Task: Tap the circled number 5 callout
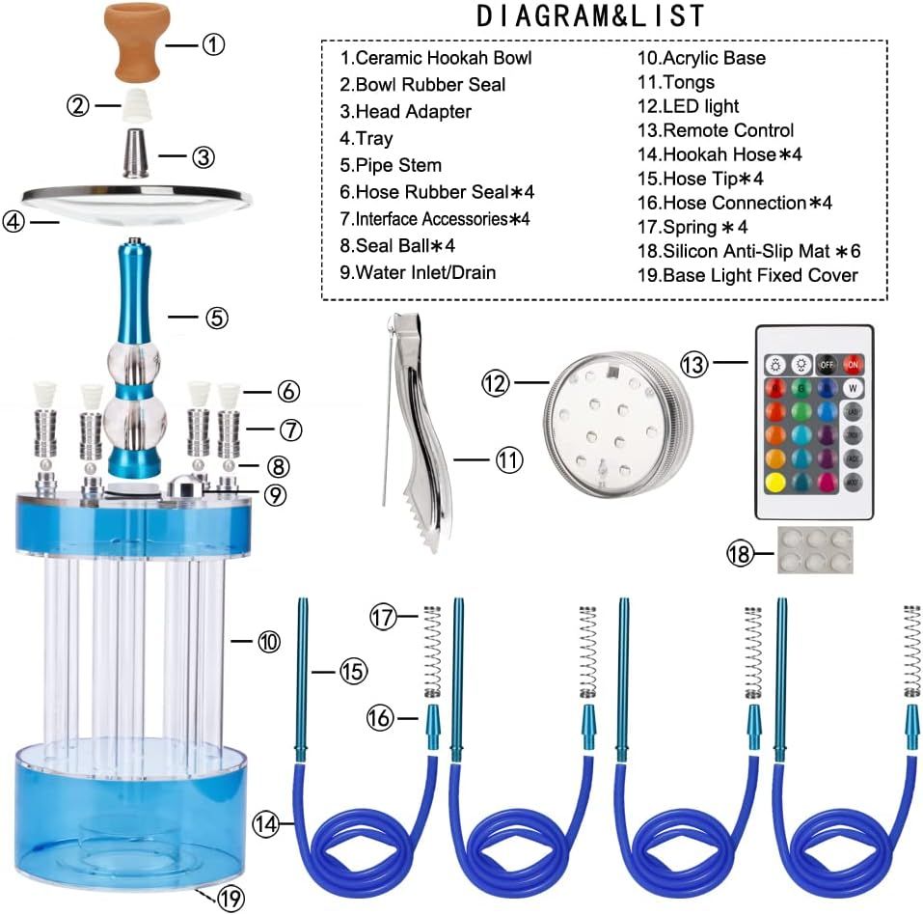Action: pyautogui.click(x=217, y=318)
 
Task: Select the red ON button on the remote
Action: pyautogui.click(x=853, y=365)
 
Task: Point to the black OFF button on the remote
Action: pyautogui.click(x=827, y=365)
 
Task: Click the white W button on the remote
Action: pyautogui.click(x=853, y=388)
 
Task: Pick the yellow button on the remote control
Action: pyautogui.click(x=775, y=483)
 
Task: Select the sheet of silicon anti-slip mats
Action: pyautogui.click(x=815, y=550)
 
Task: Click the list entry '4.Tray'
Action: pyautogui.click(x=366, y=138)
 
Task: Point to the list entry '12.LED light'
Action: pyautogui.click(x=688, y=106)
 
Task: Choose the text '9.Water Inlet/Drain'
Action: pyautogui.click(x=418, y=272)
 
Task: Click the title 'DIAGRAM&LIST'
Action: pyautogui.click(x=590, y=15)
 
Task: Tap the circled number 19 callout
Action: pyautogui.click(x=231, y=898)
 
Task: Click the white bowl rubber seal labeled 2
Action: pyautogui.click(x=135, y=105)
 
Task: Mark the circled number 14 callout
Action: pyautogui.click(x=265, y=823)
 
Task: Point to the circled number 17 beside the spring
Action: pyautogui.click(x=383, y=618)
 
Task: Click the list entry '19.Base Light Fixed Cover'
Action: pyautogui.click(x=747, y=275)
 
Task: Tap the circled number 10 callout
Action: pyautogui.click(x=269, y=641)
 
